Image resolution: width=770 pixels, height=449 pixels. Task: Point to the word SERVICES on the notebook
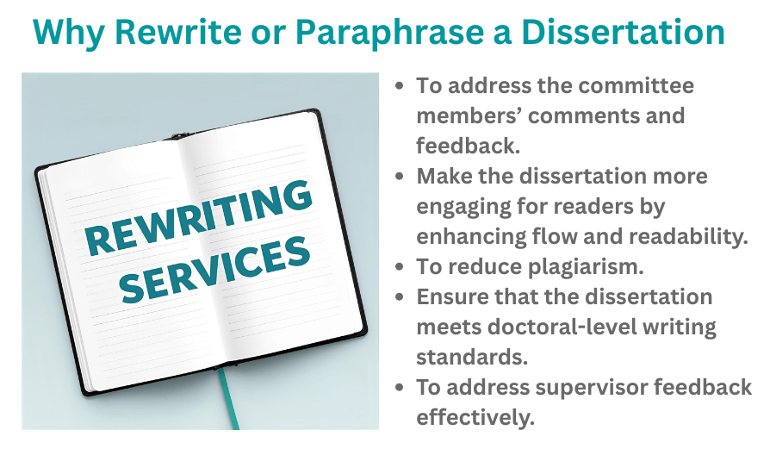215,266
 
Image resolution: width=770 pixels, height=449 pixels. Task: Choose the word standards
468,357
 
